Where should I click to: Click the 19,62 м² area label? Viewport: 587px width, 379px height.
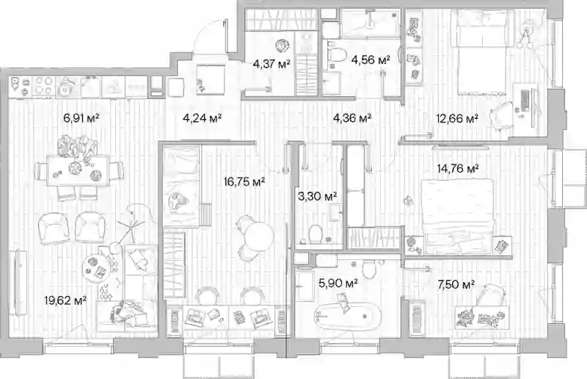click(x=65, y=300)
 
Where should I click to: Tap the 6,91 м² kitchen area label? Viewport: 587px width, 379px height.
click(x=81, y=119)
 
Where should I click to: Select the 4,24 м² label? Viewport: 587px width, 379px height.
click(x=203, y=118)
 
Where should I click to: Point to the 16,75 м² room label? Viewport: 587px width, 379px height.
click(x=244, y=182)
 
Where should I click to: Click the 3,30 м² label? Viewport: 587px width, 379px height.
click(x=318, y=195)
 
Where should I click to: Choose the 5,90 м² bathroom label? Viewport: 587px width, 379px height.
click(x=338, y=283)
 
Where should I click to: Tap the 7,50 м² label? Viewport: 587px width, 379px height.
click(x=456, y=284)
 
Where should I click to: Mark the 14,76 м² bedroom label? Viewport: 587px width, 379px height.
click(x=458, y=169)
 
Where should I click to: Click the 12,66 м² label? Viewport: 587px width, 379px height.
click(x=457, y=119)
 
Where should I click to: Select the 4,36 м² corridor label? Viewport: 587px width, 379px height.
click(x=352, y=118)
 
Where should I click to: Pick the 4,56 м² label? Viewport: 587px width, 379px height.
click(x=371, y=59)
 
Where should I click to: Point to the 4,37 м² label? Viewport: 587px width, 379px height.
click(x=271, y=64)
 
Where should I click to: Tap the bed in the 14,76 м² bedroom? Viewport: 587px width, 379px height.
click(x=457, y=216)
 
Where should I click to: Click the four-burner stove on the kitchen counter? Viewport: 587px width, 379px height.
click(x=43, y=86)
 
